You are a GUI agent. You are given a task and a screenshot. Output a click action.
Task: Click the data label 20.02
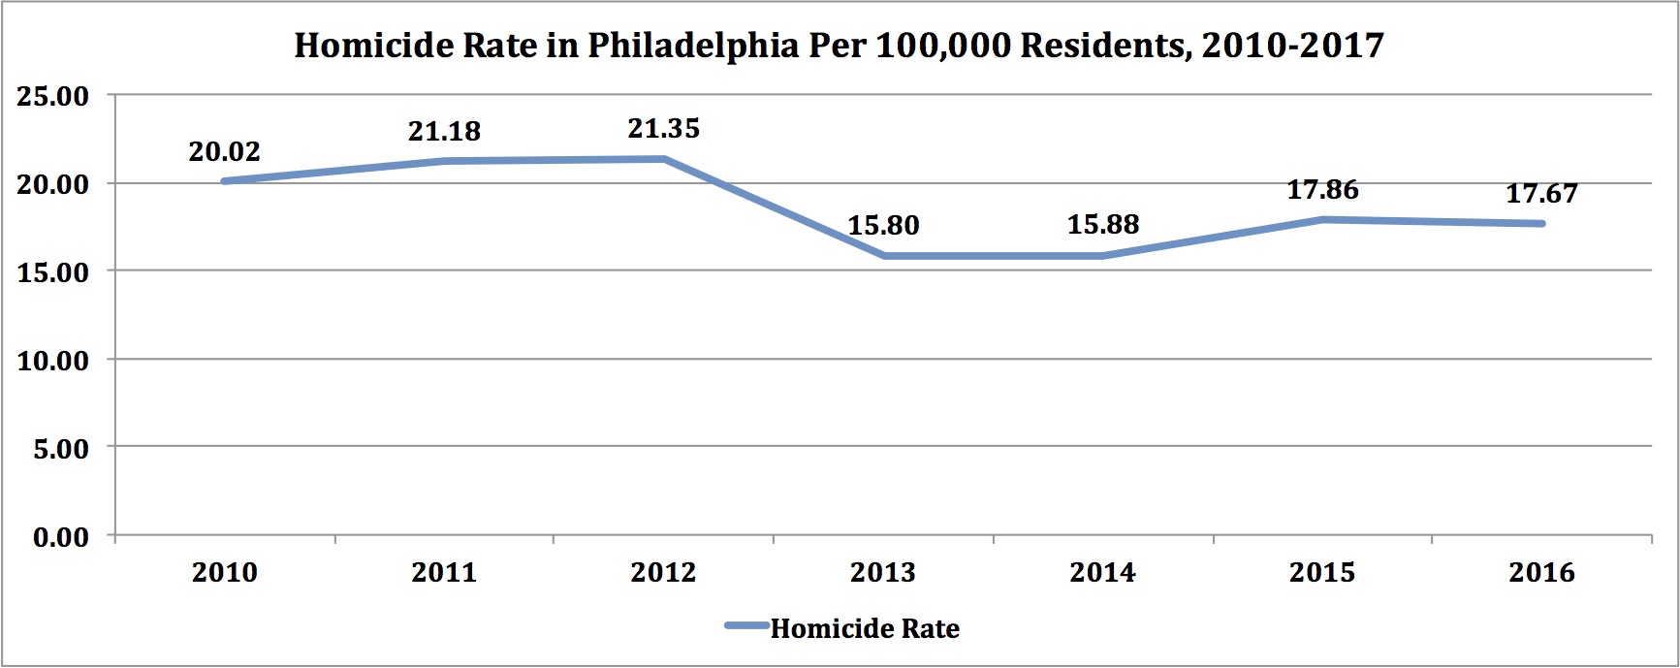click(x=224, y=152)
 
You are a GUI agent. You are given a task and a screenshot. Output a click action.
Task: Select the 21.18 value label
click(x=444, y=131)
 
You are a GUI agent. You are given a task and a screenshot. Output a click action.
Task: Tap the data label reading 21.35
click(x=663, y=128)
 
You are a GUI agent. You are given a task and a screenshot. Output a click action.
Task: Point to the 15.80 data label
click(x=883, y=225)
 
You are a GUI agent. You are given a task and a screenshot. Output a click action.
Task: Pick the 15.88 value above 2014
click(x=1103, y=224)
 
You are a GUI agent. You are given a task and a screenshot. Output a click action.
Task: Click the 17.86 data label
click(x=1322, y=189)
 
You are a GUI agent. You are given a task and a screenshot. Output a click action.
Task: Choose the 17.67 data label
click(x=1541, y=194)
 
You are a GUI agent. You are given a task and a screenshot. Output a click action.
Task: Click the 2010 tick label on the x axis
click(x=224, y=572)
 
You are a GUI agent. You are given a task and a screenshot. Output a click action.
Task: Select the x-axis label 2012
click(x=663, y=572)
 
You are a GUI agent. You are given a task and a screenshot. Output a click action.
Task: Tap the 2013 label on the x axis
click(x=883, y=572)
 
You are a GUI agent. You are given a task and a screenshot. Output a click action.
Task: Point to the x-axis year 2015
click(x=1322, y=572)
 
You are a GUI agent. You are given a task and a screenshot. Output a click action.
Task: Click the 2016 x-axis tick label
click(x=1541, y=572)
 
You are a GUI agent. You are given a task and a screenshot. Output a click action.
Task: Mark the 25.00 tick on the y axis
click(x=52, y=96)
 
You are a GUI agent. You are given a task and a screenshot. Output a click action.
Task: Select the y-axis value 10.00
click(x=52, y=361)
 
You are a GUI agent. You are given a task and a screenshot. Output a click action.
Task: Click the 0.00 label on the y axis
click(x=60, y=537)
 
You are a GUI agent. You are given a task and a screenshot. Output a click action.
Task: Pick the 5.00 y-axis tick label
click(x=60, y=449)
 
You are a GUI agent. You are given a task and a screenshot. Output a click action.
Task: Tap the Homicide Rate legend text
click(x=865, y=628)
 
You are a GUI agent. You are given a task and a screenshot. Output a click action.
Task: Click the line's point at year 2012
click(x=663, y=159)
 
